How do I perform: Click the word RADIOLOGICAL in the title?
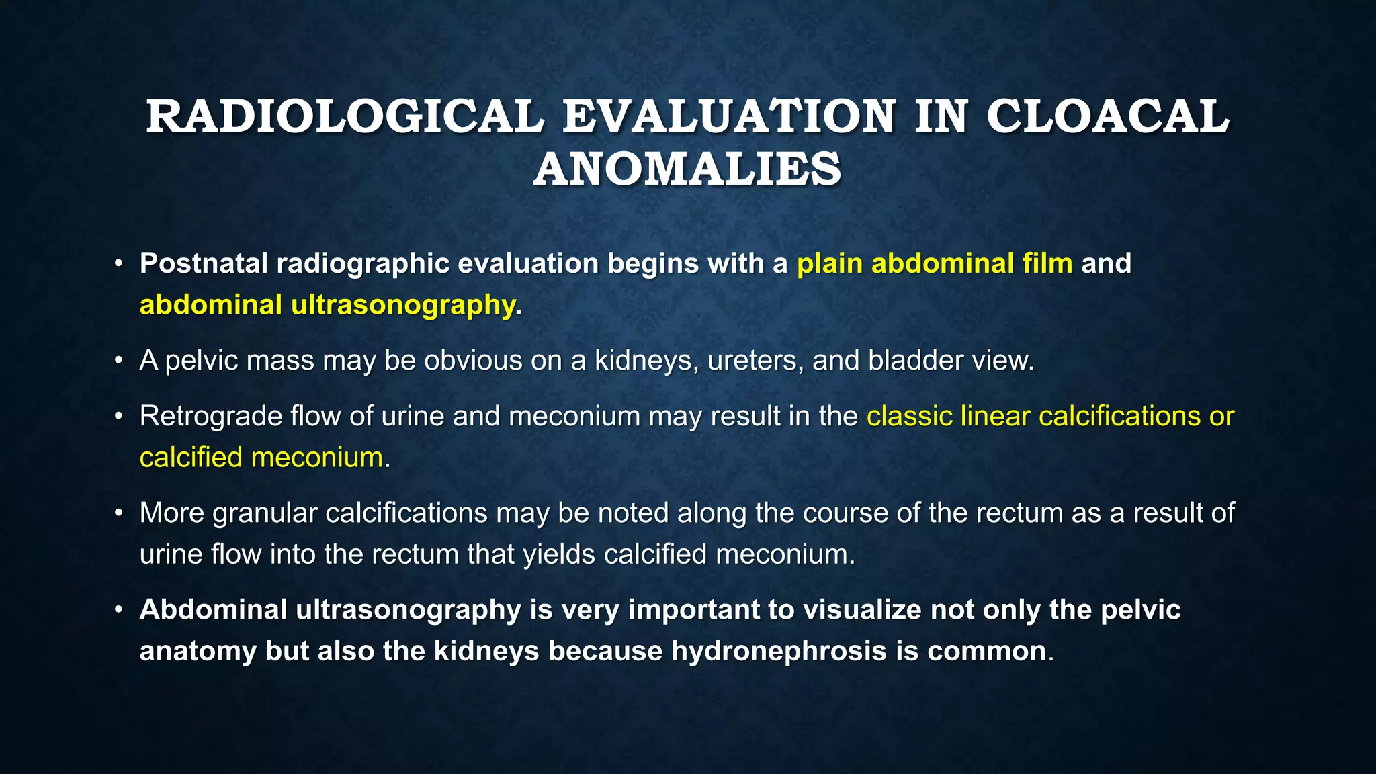coord(345,117)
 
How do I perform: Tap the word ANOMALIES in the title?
coord(687,169)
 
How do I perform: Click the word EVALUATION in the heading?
coord(729,117)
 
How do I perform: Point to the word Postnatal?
coord(204,263)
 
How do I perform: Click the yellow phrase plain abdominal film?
coord(935,263)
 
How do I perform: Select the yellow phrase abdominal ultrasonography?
coord(327,305)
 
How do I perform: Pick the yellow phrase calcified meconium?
coord(261,458)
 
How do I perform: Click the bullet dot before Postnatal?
coord(118,263)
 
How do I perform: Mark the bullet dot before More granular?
coord(118,513)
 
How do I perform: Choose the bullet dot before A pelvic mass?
coord(118,361)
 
